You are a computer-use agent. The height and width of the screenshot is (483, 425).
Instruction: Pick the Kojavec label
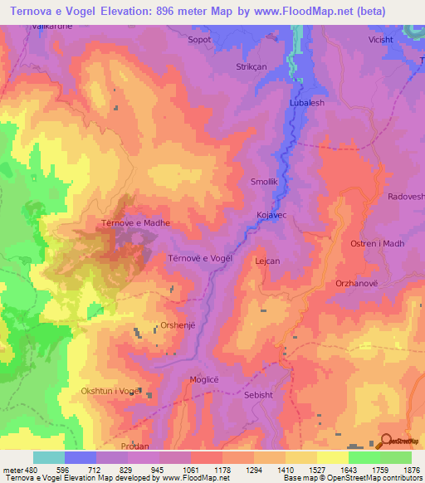[271, 215]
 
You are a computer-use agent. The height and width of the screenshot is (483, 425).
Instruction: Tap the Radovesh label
[406, 197]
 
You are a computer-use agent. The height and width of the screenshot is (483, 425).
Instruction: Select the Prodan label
[134, 446]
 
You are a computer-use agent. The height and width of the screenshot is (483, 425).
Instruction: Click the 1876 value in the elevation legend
[409, 470]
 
